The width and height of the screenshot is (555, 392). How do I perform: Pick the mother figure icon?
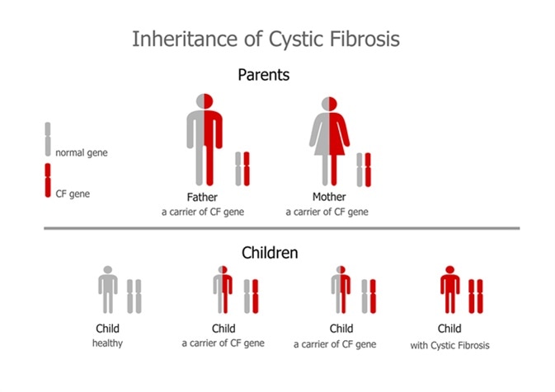click(330, 140)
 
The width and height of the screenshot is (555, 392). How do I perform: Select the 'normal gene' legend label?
click(81, 152)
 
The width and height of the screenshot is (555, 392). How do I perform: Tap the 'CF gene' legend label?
click(73, 194)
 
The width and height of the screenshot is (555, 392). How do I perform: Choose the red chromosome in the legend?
click(47, 180)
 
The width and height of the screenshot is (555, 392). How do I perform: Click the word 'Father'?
click(202, 198)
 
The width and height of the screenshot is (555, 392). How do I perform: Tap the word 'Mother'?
click(328, 198)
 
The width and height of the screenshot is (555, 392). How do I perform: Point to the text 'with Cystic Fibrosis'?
click(449, 345)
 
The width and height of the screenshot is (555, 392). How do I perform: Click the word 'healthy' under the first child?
click(107, 343)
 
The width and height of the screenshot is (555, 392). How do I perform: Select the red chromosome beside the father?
click(246, 170)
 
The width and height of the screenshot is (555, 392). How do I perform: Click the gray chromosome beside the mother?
click(359, 170)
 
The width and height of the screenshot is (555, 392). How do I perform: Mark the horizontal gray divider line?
click(280, 228)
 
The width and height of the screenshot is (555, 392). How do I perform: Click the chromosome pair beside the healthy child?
click(134, 296)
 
